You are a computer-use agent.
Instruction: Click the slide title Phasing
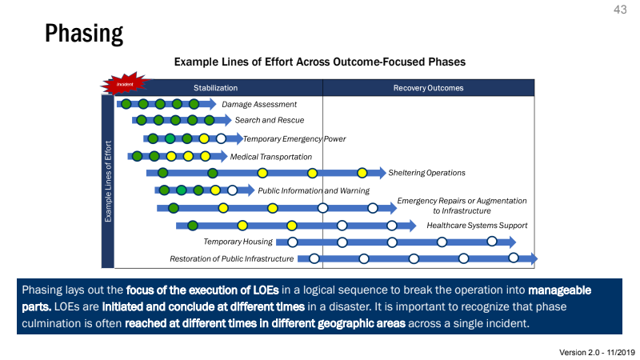coord(84,33)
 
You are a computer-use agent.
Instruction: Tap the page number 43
coord(620,10)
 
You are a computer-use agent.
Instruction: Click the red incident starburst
coord(124,83)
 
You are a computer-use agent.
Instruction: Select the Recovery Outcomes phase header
coord(428,88)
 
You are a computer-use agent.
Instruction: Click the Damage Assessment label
coord(259,104)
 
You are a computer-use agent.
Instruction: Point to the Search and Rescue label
coord(270,120)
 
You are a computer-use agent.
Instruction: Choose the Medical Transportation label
coord(271,157)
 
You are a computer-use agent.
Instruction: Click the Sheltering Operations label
coord(426,173)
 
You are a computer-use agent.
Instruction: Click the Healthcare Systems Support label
coord(477,226)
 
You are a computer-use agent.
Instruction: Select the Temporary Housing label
coord(238,242)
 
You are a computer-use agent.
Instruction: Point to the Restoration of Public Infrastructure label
coord(232,258)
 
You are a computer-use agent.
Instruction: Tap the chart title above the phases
coord(320,61)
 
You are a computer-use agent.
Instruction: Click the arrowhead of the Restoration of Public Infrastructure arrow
coord(533,258)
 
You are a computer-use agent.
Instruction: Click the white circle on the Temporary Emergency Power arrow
coord(221,138)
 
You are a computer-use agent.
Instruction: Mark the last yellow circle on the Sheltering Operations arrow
coord(362,173)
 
